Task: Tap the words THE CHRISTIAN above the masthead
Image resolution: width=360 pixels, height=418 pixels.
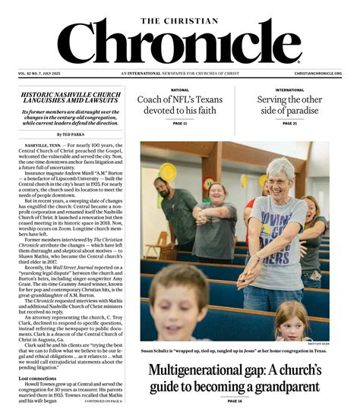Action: click(179, 10)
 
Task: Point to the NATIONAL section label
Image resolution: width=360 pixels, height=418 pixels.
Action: click(180, 90)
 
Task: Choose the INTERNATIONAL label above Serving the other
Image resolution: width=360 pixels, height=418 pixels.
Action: click(289, 90)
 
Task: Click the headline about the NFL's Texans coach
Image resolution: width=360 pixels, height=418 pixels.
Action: click(180, 106)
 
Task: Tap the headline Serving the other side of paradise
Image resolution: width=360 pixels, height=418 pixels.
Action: click(289, 106)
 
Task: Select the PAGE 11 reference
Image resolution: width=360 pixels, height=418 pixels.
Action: click(180, 124)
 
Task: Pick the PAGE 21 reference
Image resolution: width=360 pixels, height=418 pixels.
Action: click(289, 124)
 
